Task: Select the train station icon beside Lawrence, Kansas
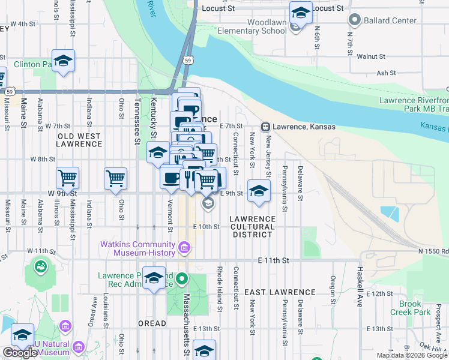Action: pyautogui.click(x=265, y=127)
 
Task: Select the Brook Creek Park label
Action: pyautogui.click(x=410, y=308)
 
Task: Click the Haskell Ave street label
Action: pyautogui.click(x=361, y=287)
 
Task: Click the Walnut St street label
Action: pyautogui.click(x=370, y=56)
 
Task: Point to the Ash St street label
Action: pyautogui.click(x=386, y=73)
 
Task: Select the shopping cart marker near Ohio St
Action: pyautogui.click(x=115, y=178)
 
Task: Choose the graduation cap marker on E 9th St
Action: pyautogui.click(x=259, y=190)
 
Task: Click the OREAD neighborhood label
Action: pyautogui.click(x=152, y=323)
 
